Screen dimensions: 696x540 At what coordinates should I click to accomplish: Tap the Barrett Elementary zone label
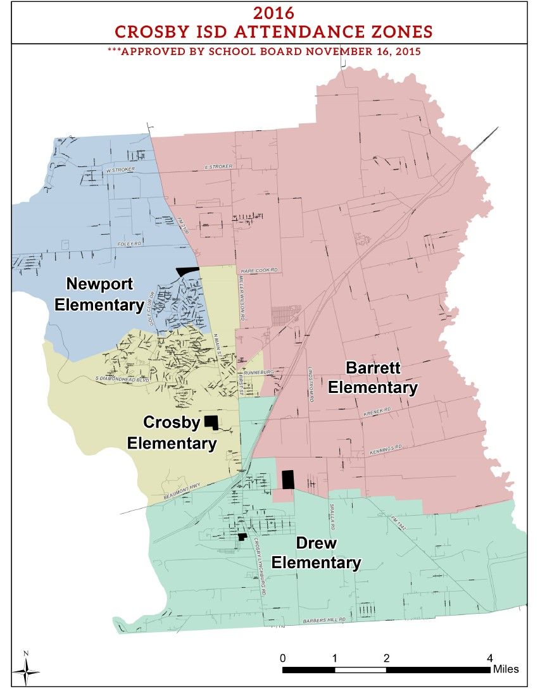coord(373,377)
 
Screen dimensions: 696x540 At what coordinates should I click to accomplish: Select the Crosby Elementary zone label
coord(172,433)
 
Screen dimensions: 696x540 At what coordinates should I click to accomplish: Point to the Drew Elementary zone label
coord(316,553)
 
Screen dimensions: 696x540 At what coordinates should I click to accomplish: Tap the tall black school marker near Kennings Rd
coord(288,479)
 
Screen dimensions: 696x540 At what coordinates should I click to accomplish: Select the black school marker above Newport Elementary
coord(187,271)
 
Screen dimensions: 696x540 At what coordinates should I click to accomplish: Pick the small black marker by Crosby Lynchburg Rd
coord(242,537)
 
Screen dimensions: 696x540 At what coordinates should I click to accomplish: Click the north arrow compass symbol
coord(26,669)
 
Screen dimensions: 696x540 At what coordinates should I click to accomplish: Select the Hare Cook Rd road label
coord(258,270)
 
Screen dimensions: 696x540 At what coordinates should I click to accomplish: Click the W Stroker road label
coord(121,170)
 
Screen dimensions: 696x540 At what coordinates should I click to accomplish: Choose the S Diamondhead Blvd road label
coord(121,378)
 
